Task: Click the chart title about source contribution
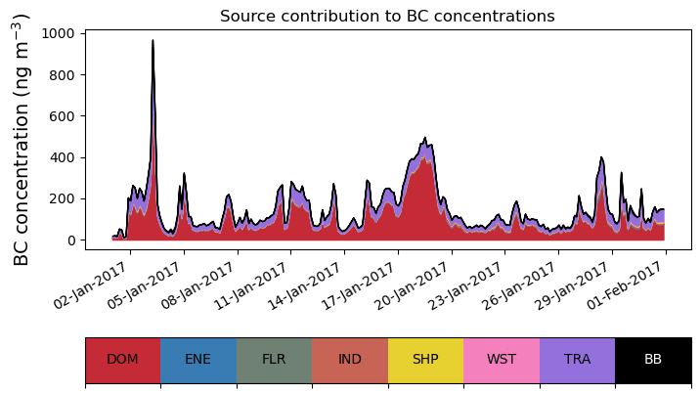(387, 17)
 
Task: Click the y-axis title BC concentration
(22, 140)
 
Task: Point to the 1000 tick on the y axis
(61, 33)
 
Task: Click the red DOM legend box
(122, 360)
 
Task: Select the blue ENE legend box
(198, 360)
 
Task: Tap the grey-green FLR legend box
(274, 360)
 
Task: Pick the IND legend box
(350, 360)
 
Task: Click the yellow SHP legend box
(425, 360)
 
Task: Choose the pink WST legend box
(502, 360)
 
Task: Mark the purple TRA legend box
(577, 360)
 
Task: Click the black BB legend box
(653, 360)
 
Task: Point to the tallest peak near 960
(153, 41)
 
